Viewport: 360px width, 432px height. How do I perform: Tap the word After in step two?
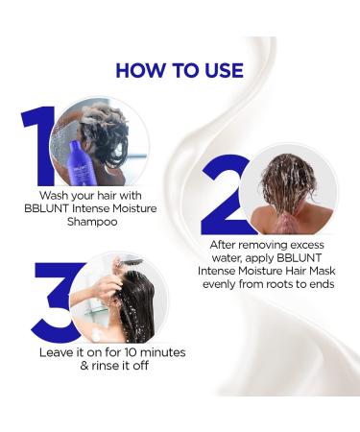[226, 245]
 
